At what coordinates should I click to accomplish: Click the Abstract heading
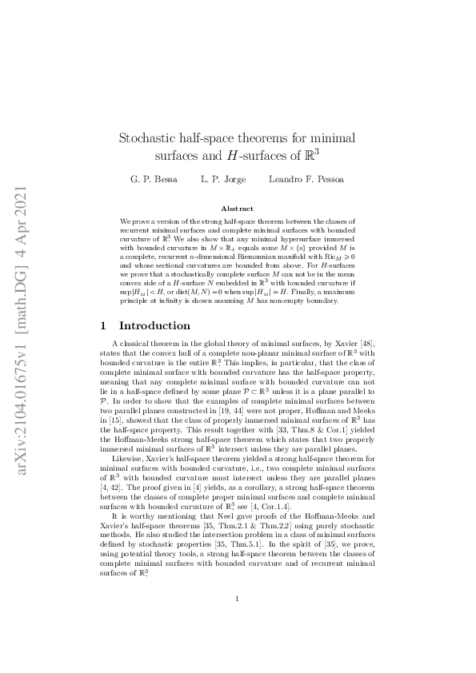tap(238, 208)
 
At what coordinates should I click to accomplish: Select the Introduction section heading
tap(154, 326)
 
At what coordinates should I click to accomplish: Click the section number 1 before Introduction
tap(102, 326)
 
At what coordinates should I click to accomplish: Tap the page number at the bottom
tap(238, 621)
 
